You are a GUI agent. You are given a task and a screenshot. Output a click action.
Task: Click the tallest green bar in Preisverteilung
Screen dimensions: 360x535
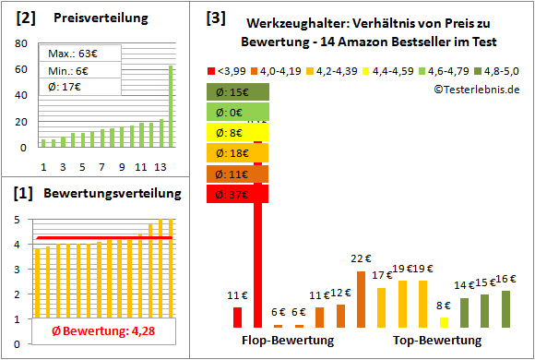tap(170, 105)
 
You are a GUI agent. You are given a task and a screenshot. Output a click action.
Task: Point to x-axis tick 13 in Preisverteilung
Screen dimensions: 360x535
tap(160, 166)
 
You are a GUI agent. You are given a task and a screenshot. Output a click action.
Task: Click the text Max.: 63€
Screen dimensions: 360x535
tap(70, 54)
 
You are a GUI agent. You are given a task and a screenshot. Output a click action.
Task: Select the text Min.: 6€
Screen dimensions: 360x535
tap(68, 70)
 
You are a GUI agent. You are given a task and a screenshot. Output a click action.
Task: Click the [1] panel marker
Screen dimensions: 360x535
tap(24, 193)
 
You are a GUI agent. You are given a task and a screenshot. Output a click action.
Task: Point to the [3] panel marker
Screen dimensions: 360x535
tap(215, 17)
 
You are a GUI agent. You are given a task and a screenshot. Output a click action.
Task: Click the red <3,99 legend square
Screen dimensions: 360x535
tap(211, 70)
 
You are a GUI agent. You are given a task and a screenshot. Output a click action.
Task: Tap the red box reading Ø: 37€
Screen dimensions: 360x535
tap(238, 194)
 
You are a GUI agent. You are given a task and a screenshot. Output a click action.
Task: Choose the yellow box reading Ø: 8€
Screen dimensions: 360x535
tap(238, 132)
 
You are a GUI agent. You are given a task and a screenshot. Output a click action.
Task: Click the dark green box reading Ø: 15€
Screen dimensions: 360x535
tap(238, 91)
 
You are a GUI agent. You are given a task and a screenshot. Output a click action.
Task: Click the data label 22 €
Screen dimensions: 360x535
tap(361, 259)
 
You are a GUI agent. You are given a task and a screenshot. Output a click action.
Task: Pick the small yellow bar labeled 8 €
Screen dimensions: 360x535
tap(444, 322)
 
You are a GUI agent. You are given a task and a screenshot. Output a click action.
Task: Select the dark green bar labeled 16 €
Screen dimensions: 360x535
tap(505, 308)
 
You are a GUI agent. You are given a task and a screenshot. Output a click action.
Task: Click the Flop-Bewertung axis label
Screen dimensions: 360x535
tap(287, 341)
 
